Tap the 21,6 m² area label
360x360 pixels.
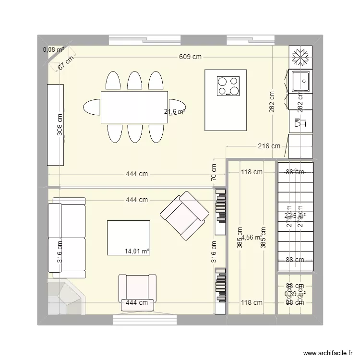tap(174, 112)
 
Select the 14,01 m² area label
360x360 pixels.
tap(137, 251)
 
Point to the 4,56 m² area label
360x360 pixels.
tap(252, 237)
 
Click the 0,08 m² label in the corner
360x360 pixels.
tap(53, 49)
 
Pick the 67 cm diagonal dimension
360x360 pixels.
tap(66, 63)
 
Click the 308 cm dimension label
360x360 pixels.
tap(60, 125)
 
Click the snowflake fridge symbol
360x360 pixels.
tap(300, 58)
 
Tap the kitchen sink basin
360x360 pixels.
tap(300, 80)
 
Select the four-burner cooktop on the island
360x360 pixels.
tap(228, 86)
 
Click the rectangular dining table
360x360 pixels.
tap(134, 107)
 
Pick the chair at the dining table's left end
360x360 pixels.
tap(92, 107)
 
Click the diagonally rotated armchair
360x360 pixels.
tap(184, 215)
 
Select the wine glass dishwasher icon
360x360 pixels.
tap(300, 122)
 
